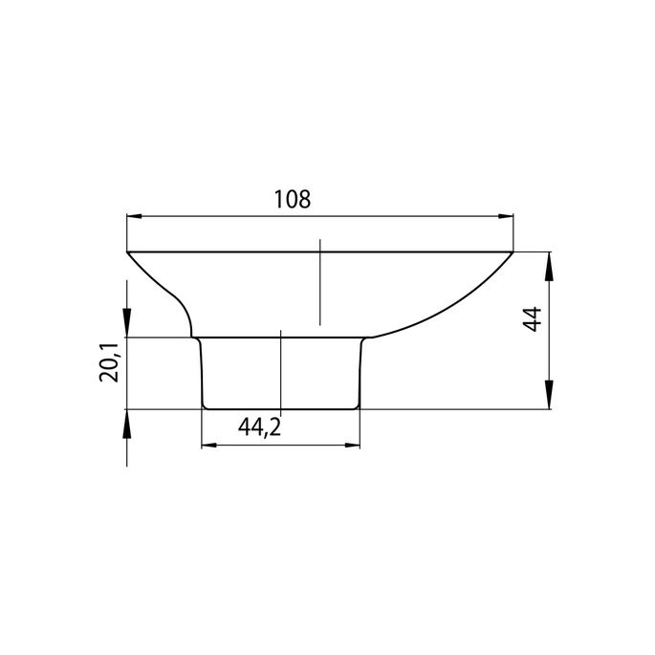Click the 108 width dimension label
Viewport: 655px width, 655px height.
click(x=292, y=200)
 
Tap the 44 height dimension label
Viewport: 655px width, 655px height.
click(x=534, y=318)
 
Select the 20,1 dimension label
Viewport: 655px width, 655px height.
click(x=111, y=362)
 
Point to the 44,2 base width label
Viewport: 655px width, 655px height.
click(x=259, y=427)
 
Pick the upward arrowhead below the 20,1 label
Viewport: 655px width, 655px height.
click(x=127, y=420)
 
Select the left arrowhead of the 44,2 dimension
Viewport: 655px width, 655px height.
click(x=209, y=446)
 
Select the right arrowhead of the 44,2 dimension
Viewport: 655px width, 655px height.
click(x=351, y=446)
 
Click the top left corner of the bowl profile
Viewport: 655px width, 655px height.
click(x=128, y=252)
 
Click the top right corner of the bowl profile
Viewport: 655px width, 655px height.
click(x=514, y=252)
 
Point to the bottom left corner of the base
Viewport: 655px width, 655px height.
click(x=205, y=407)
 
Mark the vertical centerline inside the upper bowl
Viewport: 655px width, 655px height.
click(x=320, y=282)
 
